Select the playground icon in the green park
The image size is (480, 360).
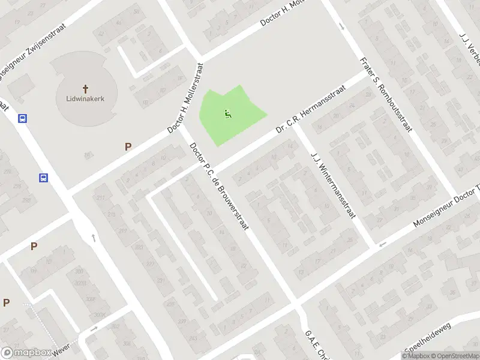pos(227,114)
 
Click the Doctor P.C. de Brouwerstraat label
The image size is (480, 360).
pos(219,187)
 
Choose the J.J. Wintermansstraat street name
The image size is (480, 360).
pos(331,186)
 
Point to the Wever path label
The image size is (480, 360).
pos(61,348)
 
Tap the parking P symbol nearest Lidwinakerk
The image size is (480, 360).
pos(127,146)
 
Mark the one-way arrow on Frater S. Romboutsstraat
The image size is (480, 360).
pos(341,26)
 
